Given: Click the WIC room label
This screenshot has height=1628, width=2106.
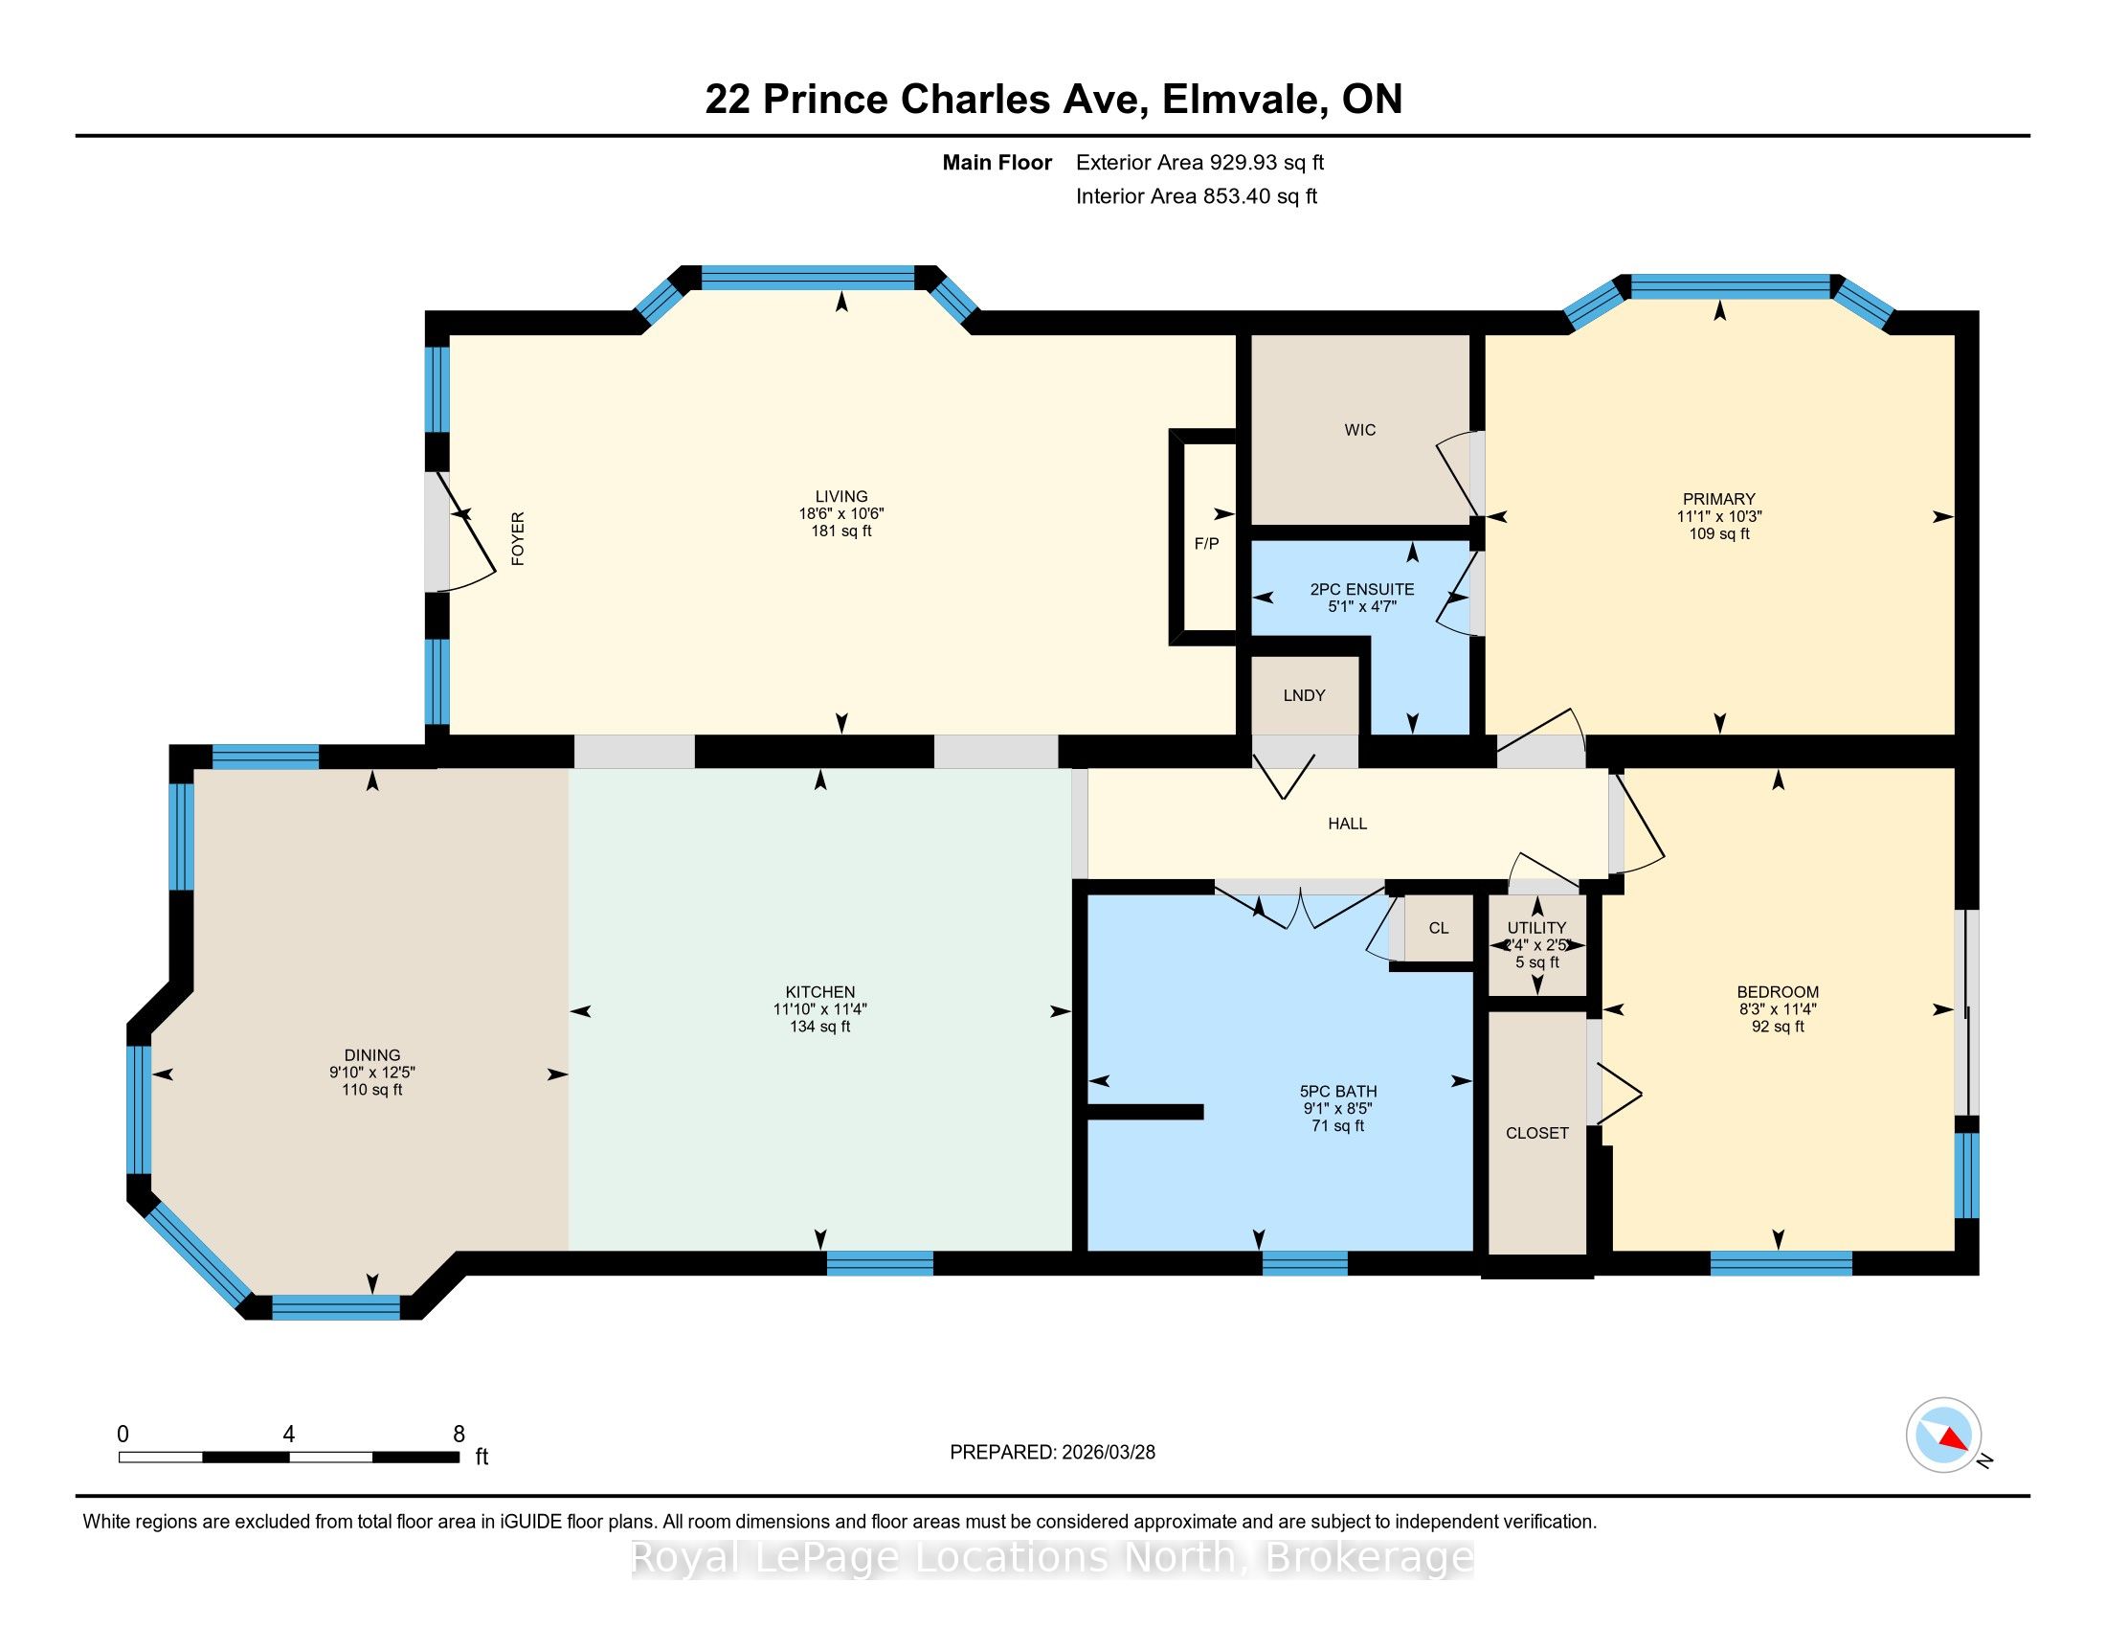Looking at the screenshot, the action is [1359, 430].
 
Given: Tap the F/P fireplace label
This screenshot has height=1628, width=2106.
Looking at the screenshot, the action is [1206, 543].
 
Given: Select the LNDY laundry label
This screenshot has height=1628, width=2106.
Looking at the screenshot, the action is [1304, 695].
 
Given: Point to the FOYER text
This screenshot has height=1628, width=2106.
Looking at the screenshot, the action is [518, 538].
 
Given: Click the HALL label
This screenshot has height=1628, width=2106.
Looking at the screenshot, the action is [1347, 824].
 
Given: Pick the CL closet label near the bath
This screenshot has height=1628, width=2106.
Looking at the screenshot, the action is [1439, 929].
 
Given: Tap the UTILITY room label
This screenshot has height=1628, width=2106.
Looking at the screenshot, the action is [1537, 928].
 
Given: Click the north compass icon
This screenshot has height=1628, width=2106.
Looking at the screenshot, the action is [1943, 1435].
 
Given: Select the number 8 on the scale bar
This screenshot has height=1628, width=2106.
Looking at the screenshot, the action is [459, 1434].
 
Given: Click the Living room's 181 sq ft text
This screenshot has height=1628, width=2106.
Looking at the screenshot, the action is [840, 531].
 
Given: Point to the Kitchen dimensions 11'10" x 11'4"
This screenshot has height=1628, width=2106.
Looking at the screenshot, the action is [819, 1009].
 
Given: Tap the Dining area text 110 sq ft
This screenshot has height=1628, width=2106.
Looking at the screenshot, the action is [371, 1090].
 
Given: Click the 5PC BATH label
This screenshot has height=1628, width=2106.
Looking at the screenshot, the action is [1337, 1092].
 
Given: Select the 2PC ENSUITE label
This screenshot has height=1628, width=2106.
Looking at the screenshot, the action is [1361, 589].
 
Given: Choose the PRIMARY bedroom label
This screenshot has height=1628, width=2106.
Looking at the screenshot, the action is [1718, 500].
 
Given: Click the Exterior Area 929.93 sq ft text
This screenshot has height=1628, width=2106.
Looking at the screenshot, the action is [1199, 163].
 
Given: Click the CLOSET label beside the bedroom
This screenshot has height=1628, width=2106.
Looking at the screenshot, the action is [1537, 1133].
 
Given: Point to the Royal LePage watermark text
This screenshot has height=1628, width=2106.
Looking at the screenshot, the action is [1053, 1557].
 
